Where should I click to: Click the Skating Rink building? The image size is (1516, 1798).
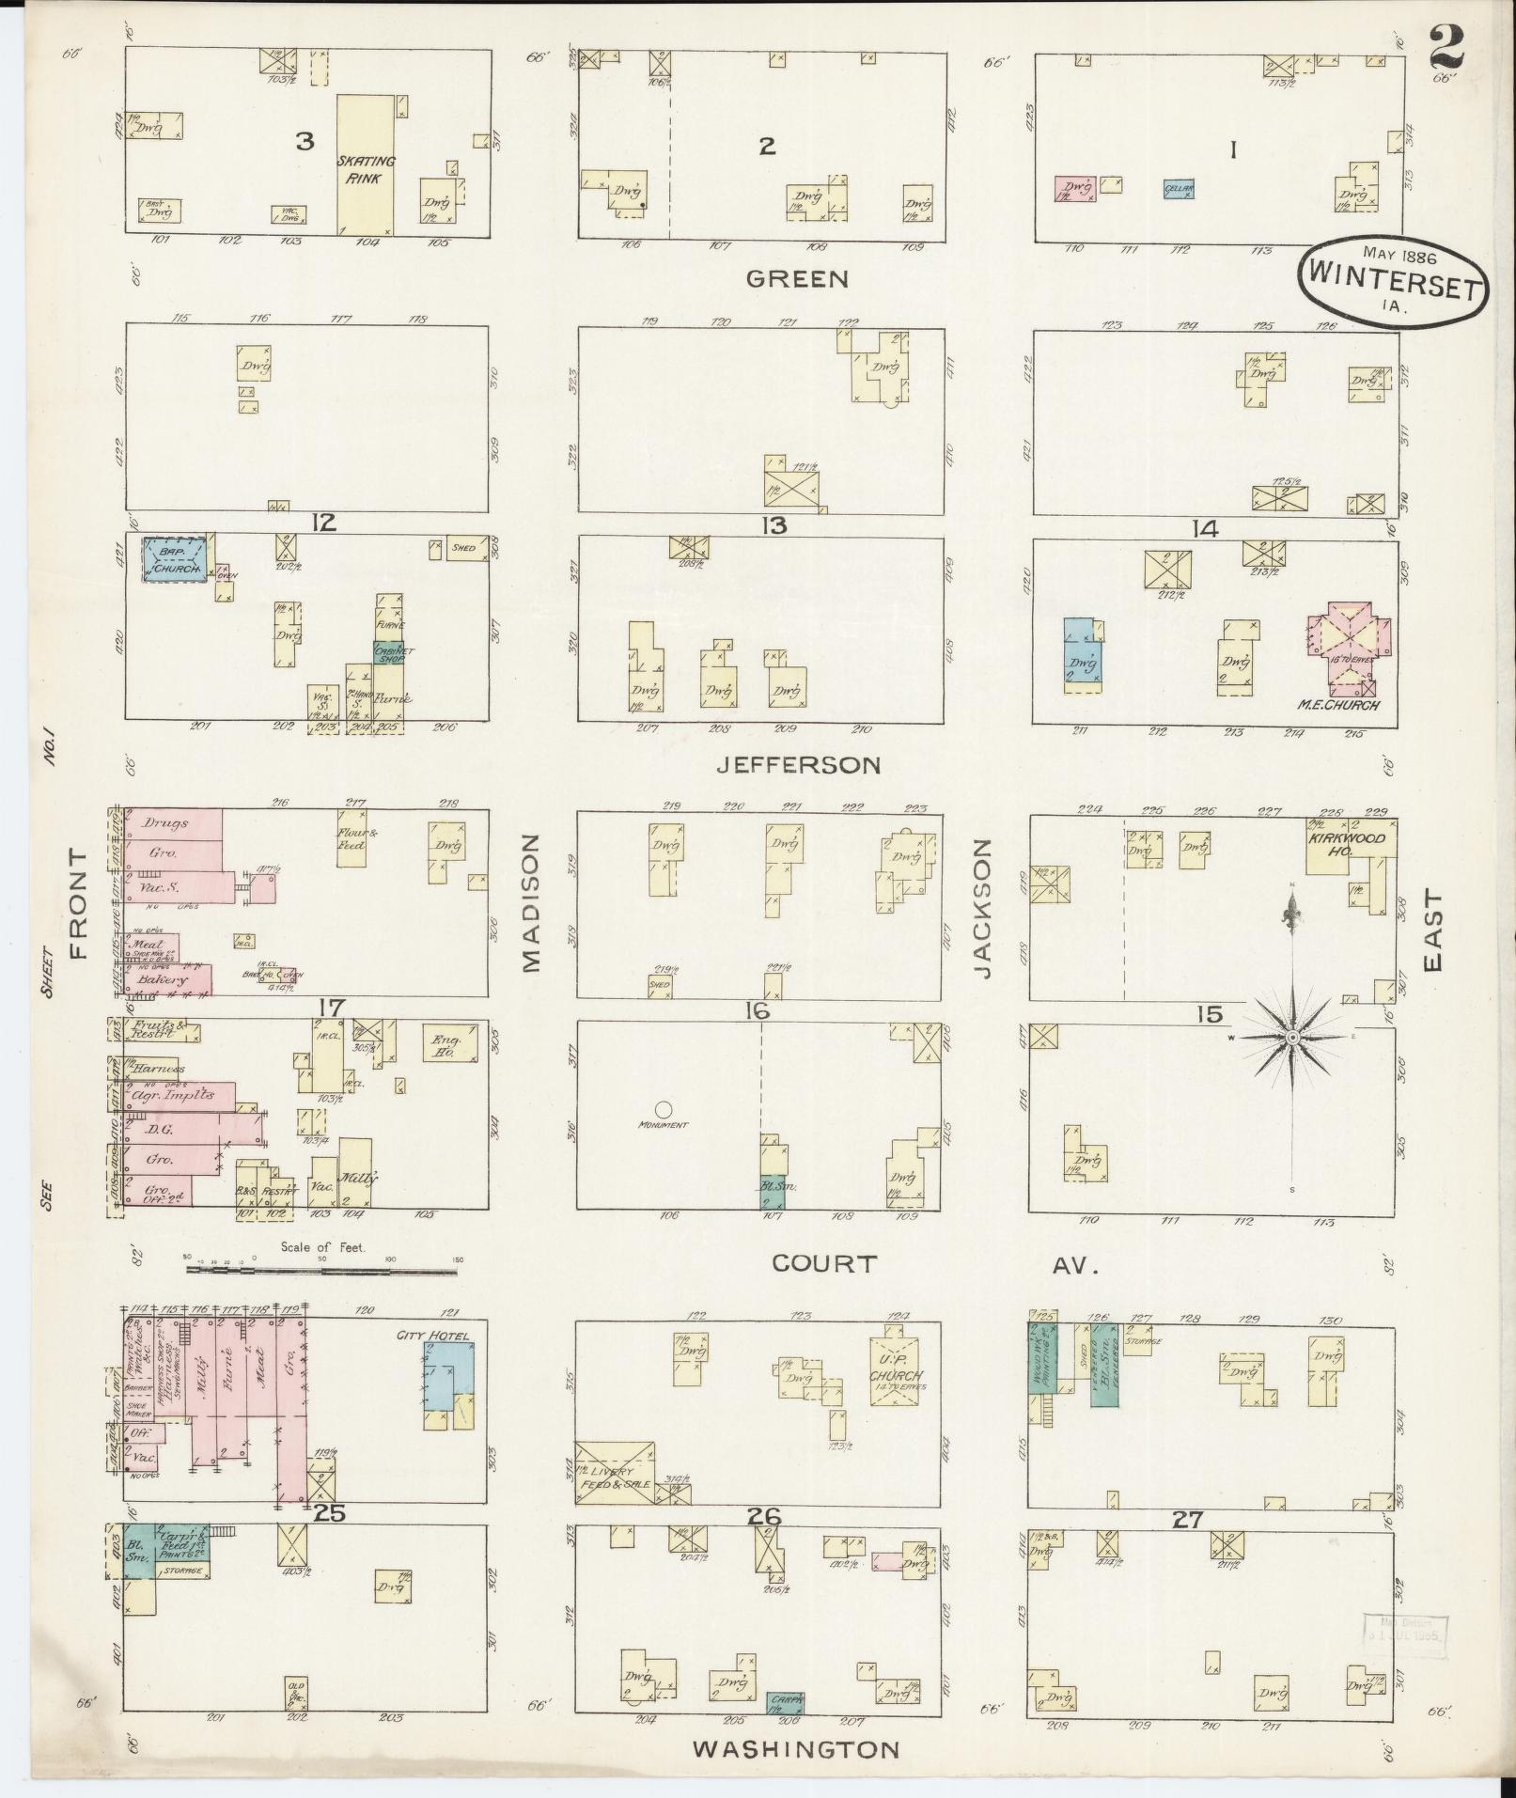coord(366,164)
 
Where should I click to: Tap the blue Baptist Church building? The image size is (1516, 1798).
coord(175,558)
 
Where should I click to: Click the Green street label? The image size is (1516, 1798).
coord(797,279)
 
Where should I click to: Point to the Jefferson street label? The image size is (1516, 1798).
coord(798,765)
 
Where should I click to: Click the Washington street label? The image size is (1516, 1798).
coord(796,1749)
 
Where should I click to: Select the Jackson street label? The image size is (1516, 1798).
coord(983,909)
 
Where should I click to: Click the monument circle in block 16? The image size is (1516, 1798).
coord(664,1108)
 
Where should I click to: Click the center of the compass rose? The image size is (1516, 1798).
coord(1292,1036)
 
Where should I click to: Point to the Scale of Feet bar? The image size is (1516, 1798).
coord(321,1269)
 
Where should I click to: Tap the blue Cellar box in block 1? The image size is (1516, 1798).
coord(1179,189)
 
